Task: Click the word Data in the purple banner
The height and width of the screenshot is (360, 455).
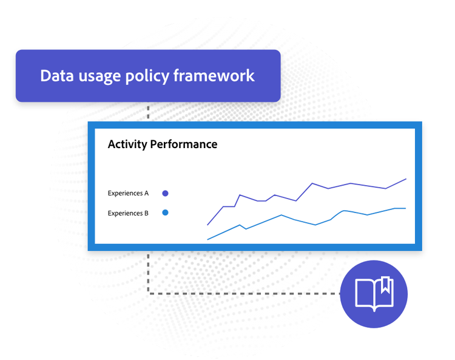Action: coord(57,76)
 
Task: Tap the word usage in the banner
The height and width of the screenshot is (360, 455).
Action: coord(99,77)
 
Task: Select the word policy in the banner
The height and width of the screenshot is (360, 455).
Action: coord(147,76)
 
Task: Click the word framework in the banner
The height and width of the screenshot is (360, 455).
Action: coord(214,76)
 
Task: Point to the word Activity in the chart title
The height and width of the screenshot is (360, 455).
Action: coord(127,144)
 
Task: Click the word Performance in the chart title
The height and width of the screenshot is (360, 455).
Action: coord(184,144)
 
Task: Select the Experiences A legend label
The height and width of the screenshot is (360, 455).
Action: coord(128,193)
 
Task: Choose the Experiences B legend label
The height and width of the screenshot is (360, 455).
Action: coord(128,213)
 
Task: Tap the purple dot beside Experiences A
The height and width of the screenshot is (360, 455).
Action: coord(165,193)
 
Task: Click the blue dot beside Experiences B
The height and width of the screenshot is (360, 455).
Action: coord(165,213)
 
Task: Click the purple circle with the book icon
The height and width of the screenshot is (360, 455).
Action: coord(374,294)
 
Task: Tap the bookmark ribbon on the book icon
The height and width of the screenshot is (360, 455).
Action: coord(385,285)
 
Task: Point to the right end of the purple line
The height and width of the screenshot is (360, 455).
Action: coord(406,179)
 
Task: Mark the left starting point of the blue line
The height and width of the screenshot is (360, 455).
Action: coord(207,240)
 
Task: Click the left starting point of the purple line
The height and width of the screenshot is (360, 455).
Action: coord(207,225)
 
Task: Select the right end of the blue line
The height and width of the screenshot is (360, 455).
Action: coord(406,208)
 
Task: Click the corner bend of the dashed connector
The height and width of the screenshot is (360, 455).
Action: coord(148,293)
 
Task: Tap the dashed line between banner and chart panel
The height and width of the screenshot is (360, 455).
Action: coord(148,112)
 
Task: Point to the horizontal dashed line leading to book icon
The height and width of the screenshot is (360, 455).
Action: coord(244,293)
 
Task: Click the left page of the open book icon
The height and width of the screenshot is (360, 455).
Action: coord(365,293)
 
